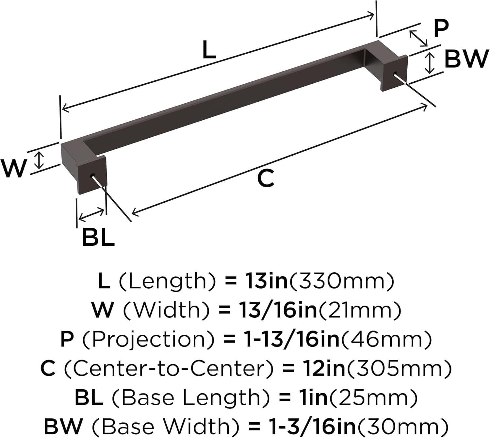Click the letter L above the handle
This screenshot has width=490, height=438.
[x=209, y=50]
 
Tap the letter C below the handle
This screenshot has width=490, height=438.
[x=265, y=178]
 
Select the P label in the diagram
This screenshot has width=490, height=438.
[x=441, y=28]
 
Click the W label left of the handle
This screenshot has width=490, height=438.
[x=13, y=168]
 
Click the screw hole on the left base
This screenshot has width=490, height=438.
[x=92, y=175]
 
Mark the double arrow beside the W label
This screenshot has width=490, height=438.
[x=39, y=160]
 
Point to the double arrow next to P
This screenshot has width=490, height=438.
[x=418, y=38]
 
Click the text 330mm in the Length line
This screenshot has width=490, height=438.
[x=342, y=281]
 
